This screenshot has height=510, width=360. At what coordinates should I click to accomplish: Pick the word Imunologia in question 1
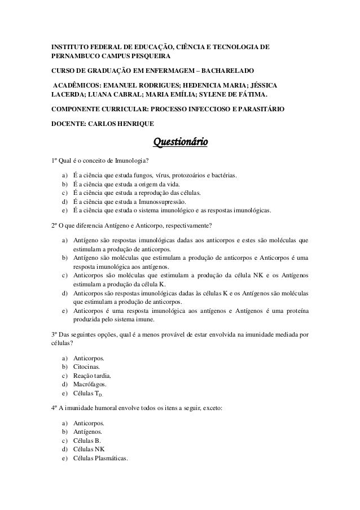pyautogui.click(x=127, y=160)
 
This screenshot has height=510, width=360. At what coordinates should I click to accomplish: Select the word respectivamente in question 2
pyautogui.click(x=184, y=227)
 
